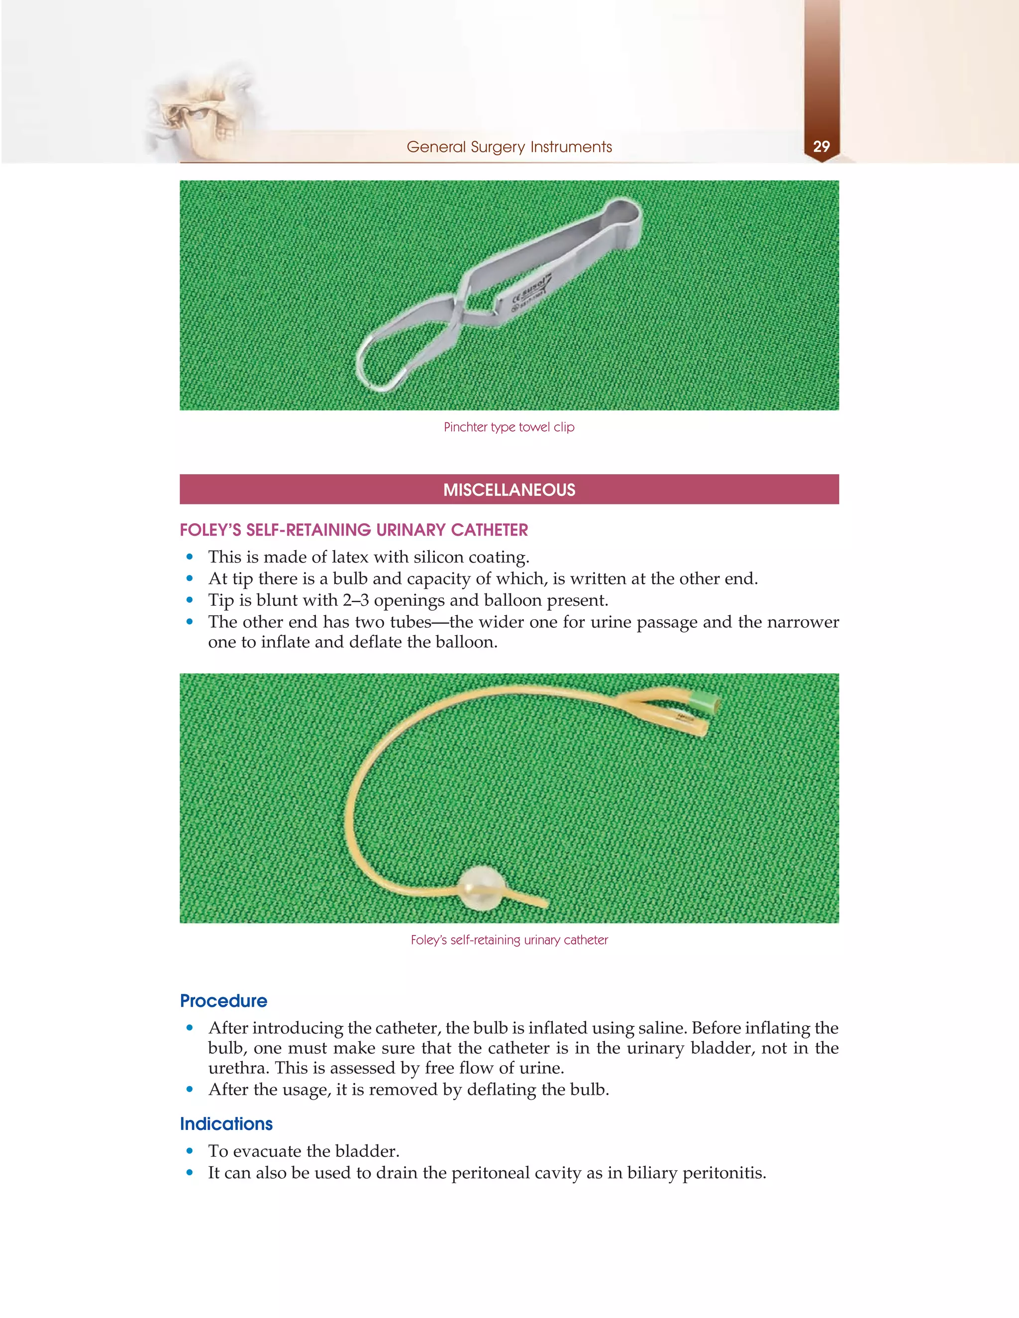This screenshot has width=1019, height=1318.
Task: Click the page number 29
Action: point(821,147)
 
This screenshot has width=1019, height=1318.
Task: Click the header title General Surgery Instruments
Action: point(509,147)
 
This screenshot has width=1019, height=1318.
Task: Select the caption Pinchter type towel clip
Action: point(509,427)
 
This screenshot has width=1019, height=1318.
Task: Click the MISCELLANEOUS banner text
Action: point(509,489)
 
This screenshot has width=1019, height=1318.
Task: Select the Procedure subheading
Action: point(223,1001)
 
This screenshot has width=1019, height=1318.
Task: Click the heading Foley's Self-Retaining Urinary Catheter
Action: point(354,530)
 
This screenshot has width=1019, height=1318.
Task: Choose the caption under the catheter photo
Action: point(509,940)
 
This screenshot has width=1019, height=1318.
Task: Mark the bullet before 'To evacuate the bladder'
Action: point(190,1151)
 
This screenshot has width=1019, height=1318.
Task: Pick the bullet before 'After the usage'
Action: point(190,1090)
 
